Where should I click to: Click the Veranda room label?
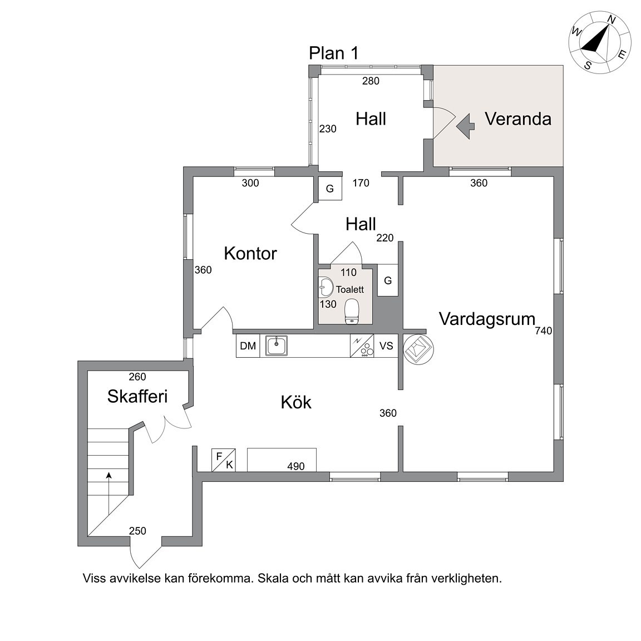[518, 119]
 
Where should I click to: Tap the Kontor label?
[250, 254]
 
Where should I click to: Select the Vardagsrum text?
[487, 319]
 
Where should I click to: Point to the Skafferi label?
[137, 396]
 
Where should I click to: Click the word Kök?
[296, 402]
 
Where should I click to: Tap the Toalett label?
[350, 289]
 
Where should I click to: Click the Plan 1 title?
[334, 53]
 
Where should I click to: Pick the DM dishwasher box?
[248, 346]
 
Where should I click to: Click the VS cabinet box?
[386, 346]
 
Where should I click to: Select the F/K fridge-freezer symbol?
[224, 460]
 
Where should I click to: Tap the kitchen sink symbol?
[277, 346]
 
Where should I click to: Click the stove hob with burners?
[362, 346]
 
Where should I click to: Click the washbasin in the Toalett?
[326, 287]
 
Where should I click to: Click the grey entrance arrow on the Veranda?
[466, 126]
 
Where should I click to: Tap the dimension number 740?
[543, 331]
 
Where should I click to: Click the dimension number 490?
[296, 466]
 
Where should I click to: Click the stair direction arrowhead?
[109, 475]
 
